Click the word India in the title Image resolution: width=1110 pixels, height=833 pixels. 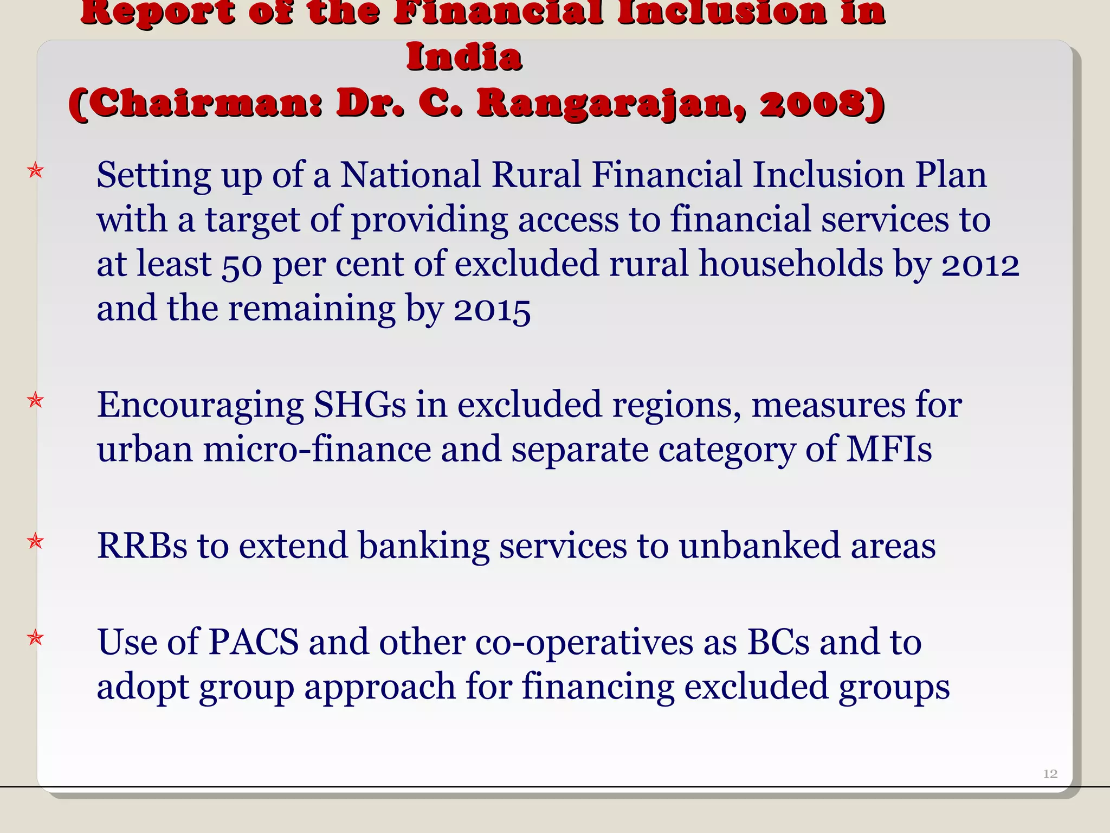464,57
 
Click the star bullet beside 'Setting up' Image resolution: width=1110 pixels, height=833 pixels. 36,171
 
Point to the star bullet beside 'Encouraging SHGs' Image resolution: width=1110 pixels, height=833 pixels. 36,401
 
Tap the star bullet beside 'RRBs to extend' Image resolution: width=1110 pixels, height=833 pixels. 36,541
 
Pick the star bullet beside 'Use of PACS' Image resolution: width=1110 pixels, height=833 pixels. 36,638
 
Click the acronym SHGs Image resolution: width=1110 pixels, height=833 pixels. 360,405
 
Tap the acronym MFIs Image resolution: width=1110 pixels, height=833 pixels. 889,450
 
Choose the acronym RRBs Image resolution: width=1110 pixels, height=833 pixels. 143,546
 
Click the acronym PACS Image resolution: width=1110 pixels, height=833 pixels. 254,642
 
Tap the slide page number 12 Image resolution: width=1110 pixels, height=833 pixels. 1050,774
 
